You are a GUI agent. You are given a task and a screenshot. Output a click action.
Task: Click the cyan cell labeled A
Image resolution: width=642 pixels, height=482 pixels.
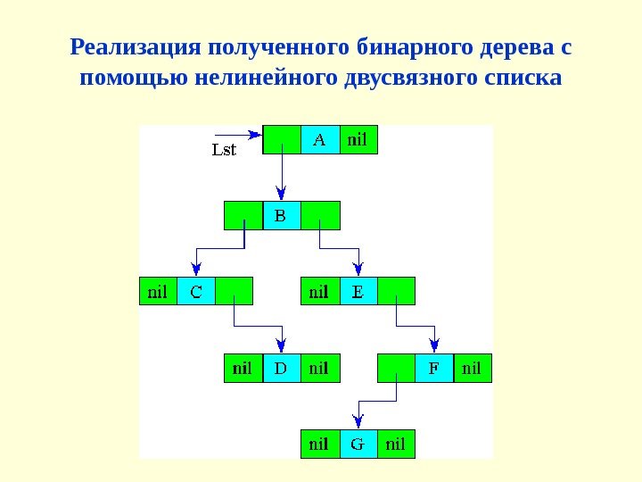[x=320, y=139]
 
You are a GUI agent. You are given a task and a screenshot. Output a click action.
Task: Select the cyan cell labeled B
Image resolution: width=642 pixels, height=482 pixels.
[x=282, y=215]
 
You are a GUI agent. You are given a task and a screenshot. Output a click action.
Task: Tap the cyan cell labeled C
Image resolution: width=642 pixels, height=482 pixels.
[x=196, y=291]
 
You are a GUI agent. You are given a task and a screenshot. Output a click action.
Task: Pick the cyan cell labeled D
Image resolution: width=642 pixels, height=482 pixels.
[x=282, y=368]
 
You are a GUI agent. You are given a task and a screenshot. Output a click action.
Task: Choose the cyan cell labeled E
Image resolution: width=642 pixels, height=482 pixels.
[x=358, y=291]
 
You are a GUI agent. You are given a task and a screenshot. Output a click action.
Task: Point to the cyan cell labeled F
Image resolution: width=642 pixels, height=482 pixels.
[x=434, y=368]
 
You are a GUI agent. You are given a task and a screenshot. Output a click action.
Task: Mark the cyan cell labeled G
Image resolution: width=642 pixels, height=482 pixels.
[x=358, y=444]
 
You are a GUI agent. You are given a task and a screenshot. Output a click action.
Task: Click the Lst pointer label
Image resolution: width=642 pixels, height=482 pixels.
[x=224, y=150]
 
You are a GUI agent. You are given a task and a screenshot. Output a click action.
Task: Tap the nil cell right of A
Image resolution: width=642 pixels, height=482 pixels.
[x=358, y=139]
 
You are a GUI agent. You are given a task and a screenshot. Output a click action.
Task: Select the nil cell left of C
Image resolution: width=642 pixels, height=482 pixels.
[x=158, y=291]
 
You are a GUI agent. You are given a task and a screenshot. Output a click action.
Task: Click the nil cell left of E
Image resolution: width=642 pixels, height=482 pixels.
[x=319, y=291]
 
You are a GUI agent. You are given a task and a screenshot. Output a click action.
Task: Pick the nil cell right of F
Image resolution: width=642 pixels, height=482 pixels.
[x=473, y=368]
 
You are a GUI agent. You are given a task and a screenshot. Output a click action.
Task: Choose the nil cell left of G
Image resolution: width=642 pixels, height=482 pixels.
[x=319, y=444]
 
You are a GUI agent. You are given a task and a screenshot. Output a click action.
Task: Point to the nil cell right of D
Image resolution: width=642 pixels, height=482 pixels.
[x=320, y=368]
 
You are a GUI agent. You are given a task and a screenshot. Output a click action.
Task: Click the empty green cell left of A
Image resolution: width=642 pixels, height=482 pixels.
[x=282, y=139]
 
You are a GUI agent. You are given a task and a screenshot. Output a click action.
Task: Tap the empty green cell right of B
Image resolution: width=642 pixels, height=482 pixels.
[x=321, y=215]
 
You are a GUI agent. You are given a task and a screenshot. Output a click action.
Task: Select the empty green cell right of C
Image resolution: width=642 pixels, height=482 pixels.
[x=235, y=291]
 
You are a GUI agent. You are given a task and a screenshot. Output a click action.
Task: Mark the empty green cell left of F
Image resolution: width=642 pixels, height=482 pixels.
[x=396, y=368]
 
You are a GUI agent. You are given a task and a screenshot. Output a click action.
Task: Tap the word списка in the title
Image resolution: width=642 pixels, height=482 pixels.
[x=519, y=79]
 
